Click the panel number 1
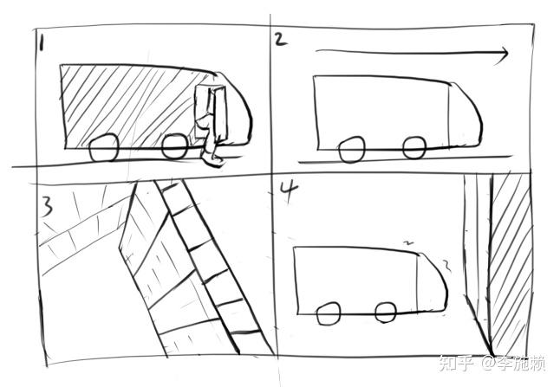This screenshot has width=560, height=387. tap(42, 44)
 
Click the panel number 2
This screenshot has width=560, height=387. tap(280, 39)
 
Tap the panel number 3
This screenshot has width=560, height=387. tap(47, 209)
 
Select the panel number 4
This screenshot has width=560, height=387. tap(288, 193)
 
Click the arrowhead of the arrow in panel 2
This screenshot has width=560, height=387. tap(503, 55)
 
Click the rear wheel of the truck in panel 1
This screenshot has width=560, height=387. tap(103, 148)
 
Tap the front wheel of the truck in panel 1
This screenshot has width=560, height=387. tap(174, 146)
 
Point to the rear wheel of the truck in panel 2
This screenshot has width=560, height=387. tap(352, 150)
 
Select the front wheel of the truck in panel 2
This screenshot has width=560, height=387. tap(414, 147)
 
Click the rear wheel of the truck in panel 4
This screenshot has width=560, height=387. tap(329, 314)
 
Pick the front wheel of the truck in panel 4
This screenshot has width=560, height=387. tap(386, 313)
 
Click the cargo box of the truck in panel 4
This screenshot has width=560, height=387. tap(355, 281)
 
